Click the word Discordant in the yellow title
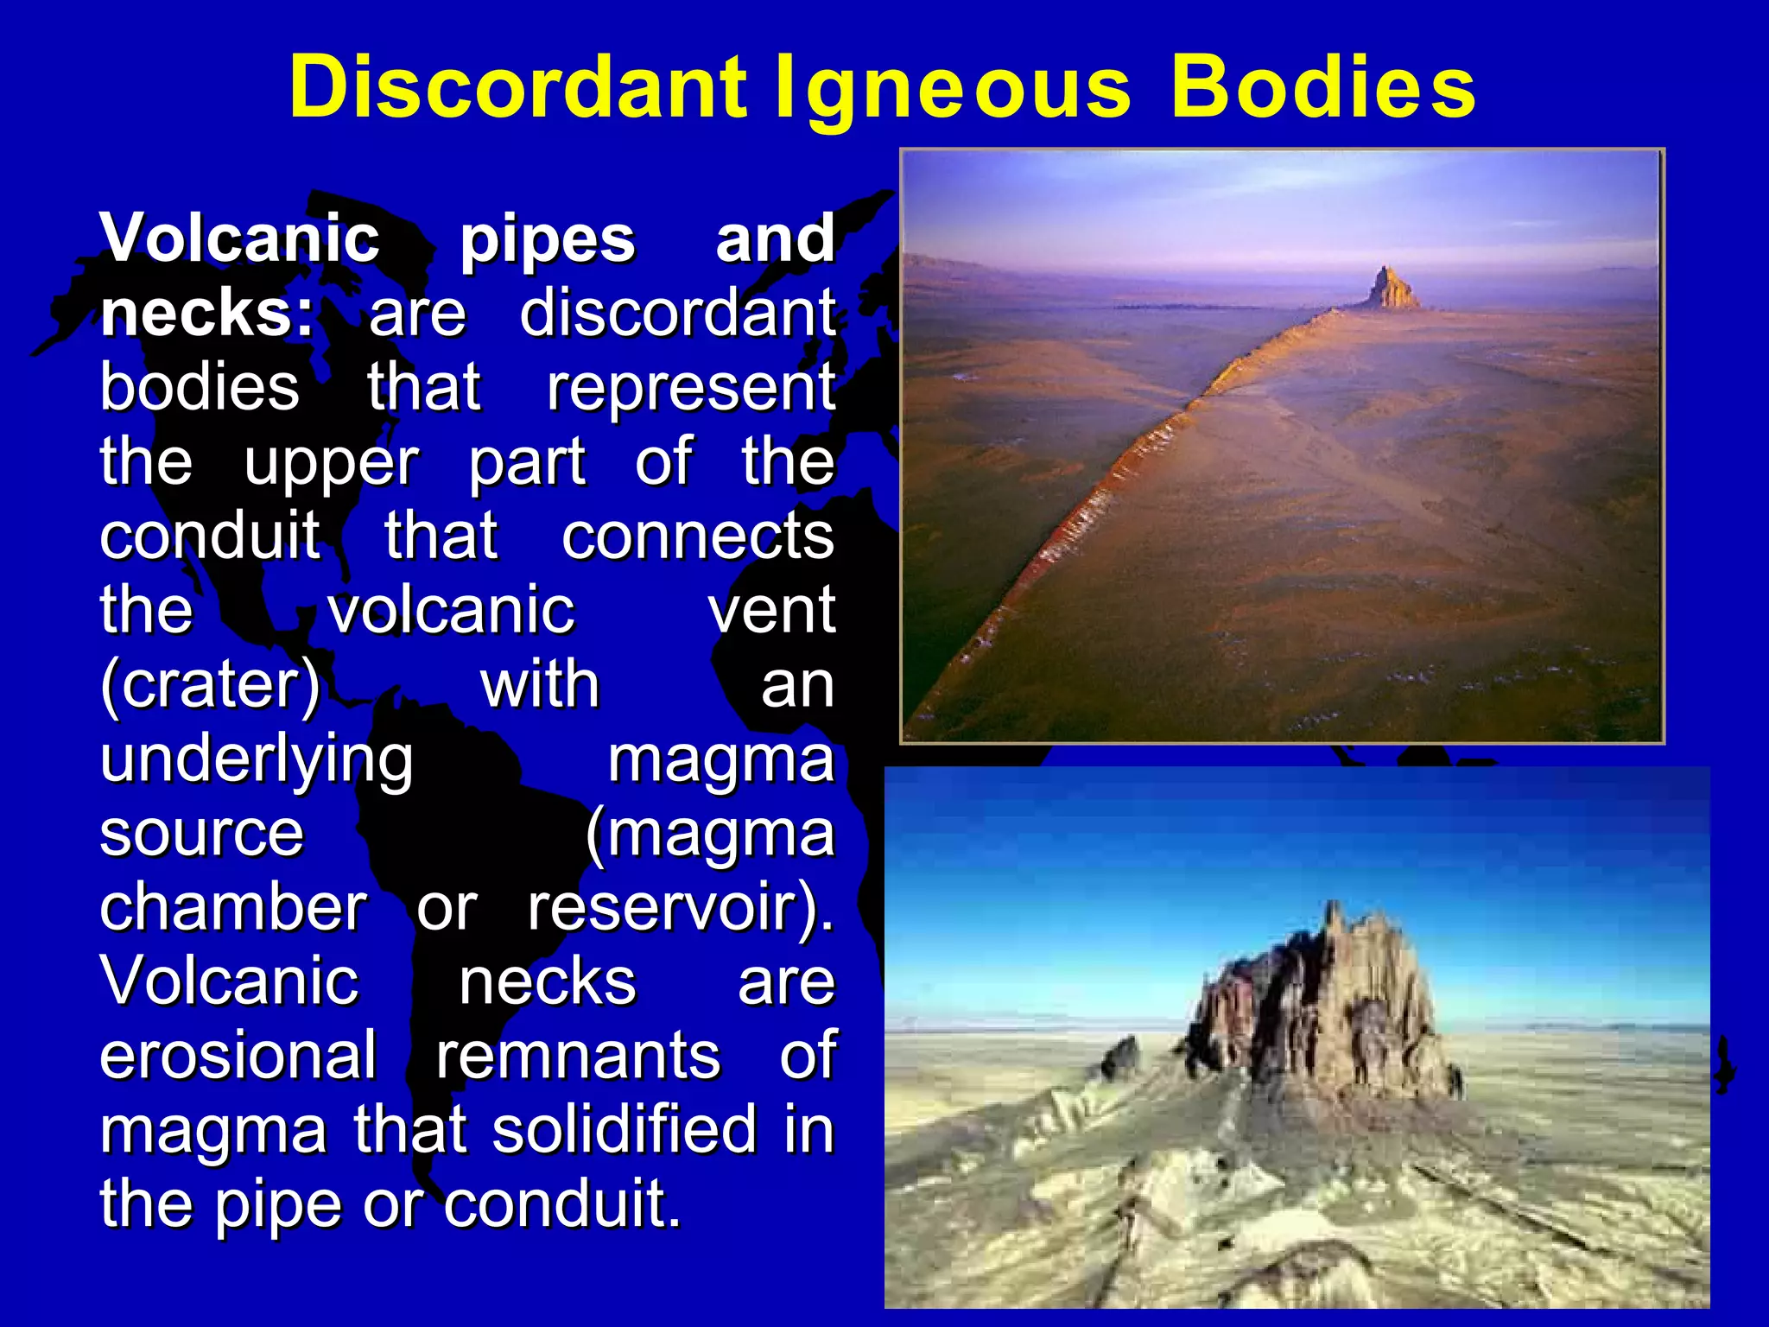pyautogui.click(x=518, y=86)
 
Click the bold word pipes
pyautogui.click(x=548, y=240)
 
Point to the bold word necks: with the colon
pyautogui.click(x=207, y=313)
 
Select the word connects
pyautogui.click(x=698, y=536)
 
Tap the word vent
pyautogui.click(x=771, y=610)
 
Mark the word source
pyautogui.click(x=202, y=835)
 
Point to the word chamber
pyautogui.click(x=233, y=907)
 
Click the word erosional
pyautogui.click(x=238, y=1056)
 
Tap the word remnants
pyautogui.click(x=577, y=1056)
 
